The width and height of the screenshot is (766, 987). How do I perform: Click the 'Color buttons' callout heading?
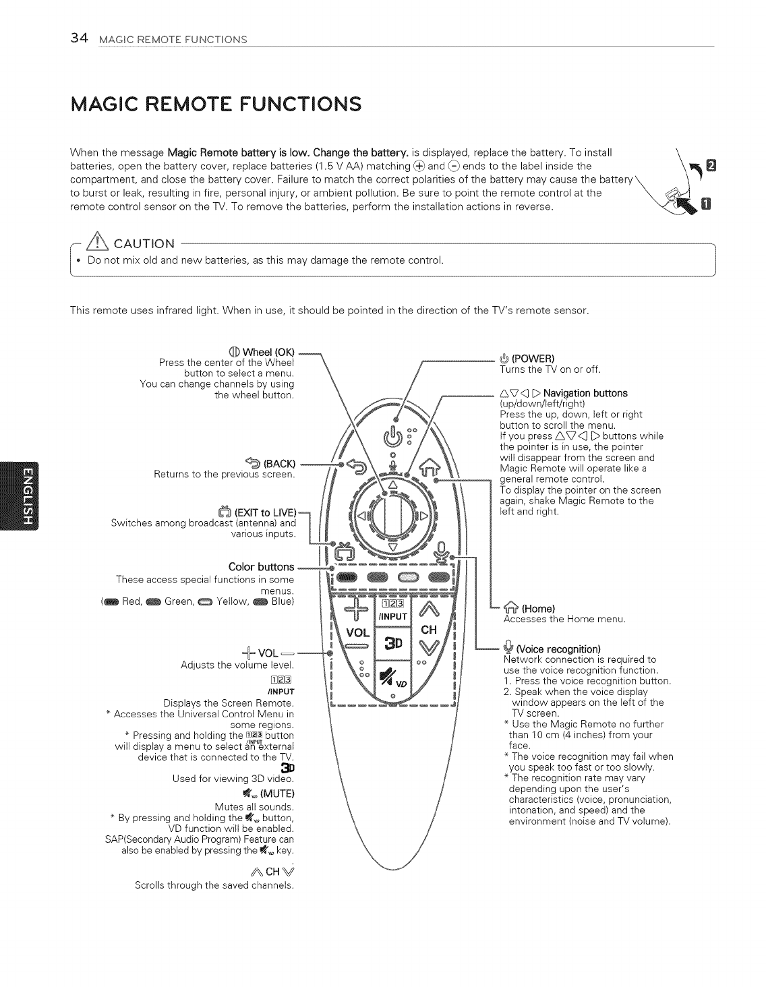pyautogui.click(x=262, y=566)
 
